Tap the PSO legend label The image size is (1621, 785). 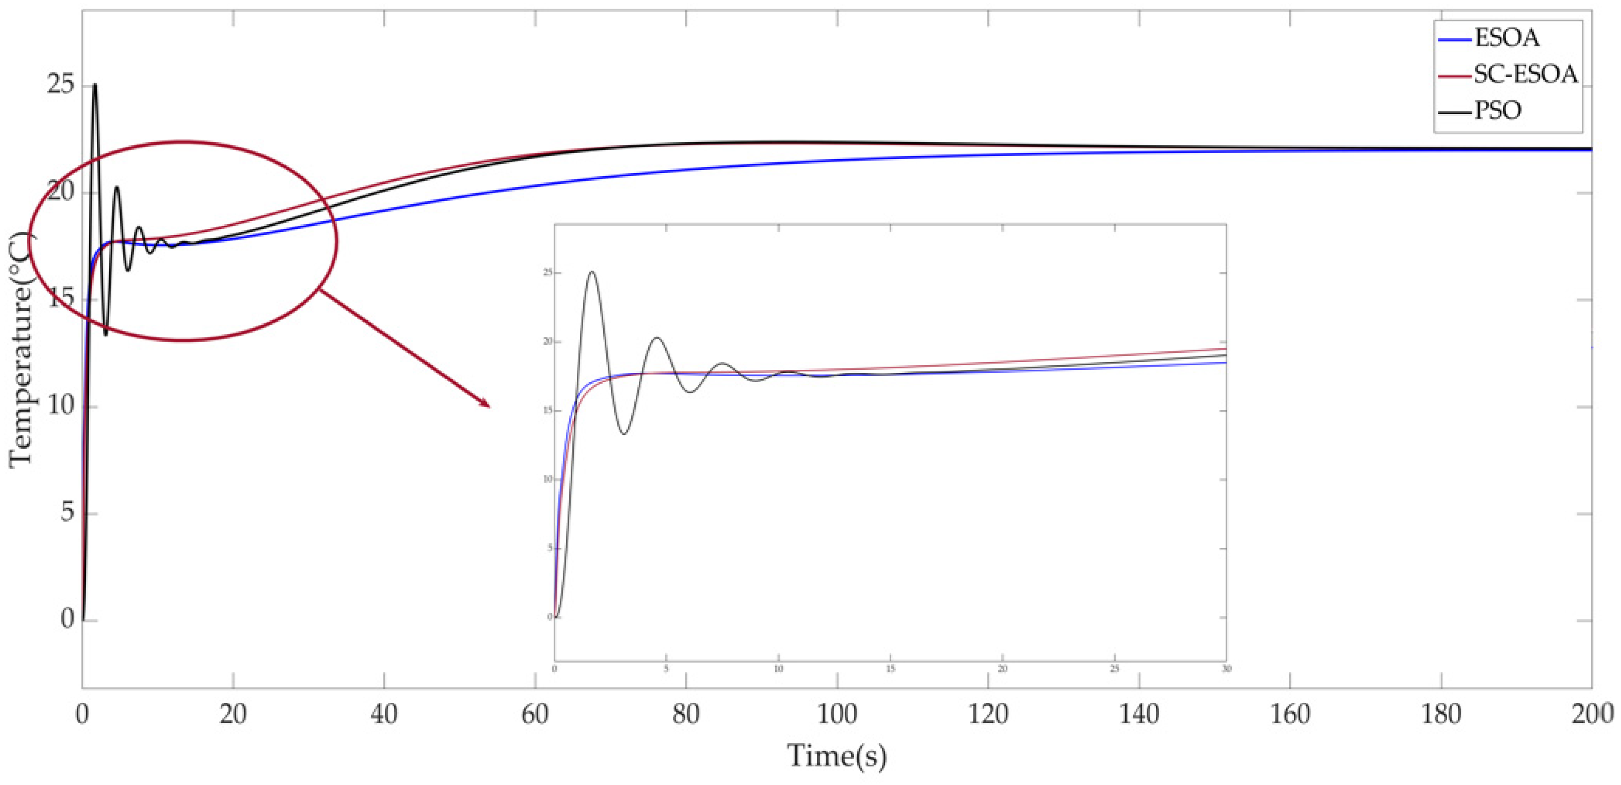tap(1498, 111)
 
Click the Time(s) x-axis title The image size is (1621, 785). tap(836, 756)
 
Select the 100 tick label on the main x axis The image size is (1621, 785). tap(836, 715)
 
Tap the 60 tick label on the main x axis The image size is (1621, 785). tap(535, 715)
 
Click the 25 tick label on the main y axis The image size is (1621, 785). tap(61, 86)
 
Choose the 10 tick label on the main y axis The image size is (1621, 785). tap(61, 406)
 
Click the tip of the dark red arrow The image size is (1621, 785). tap(490, 407)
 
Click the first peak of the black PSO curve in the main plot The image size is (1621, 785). tap(95, 84)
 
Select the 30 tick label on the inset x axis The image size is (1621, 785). tap(1226, 669)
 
